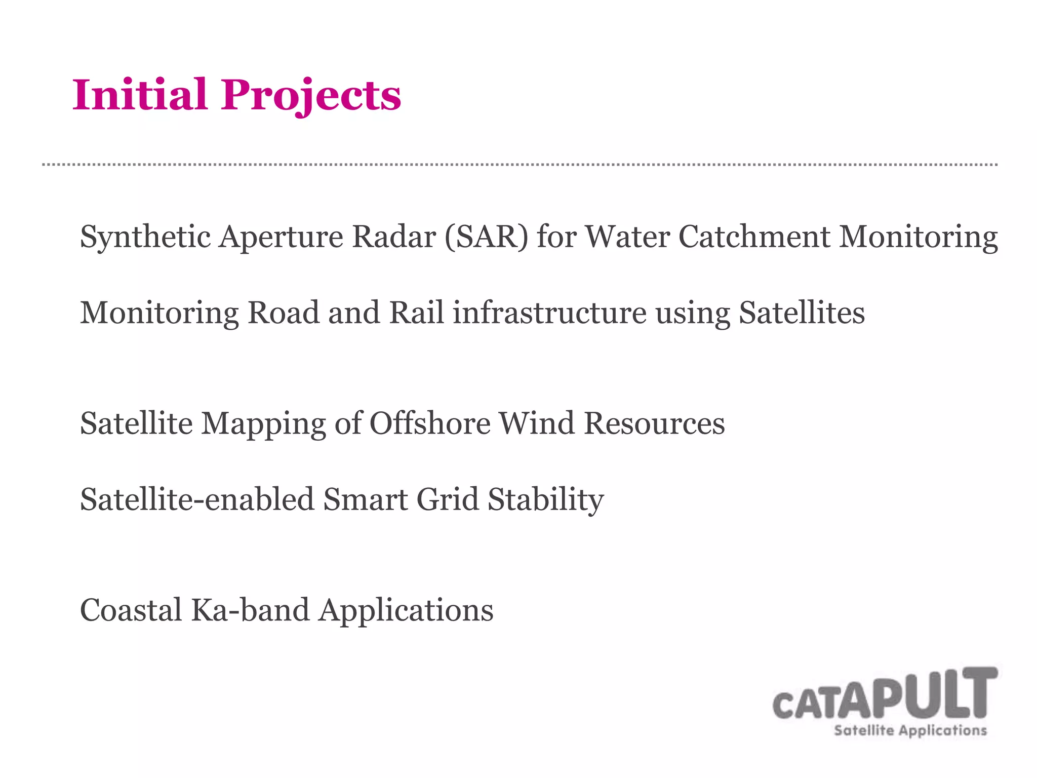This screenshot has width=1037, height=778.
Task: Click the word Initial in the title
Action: (x=140, y=95)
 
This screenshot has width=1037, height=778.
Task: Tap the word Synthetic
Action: (x=145, y=237)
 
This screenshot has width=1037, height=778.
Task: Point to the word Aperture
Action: (x=281, y=237)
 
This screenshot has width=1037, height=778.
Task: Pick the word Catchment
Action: (x=754, y=237)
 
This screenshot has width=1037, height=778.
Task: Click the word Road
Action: (x=284, y=313)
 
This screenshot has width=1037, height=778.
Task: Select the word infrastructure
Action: (x=549, y=313)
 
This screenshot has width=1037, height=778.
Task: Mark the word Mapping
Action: (x=263, y=423)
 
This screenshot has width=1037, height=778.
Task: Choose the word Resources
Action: (x=654, y=423)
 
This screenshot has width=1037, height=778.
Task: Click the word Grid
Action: (x=448, y=499)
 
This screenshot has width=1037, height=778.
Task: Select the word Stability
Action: (x=546, y=499)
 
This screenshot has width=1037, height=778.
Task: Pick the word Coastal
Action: (x=131, y=610)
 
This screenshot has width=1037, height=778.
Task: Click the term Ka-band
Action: (x=250, y=610)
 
